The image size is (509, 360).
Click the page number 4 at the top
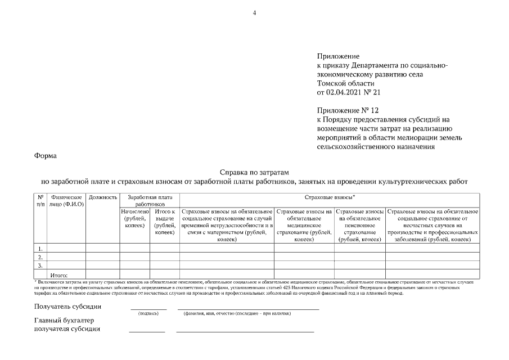click(x=254, y=12)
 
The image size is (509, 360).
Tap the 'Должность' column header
click(x=102, y=198)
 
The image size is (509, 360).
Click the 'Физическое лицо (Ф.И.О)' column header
click(x=66, y=201)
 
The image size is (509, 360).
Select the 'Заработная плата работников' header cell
click(x=150, y=201)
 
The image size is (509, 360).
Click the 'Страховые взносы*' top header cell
click(x=329, y=198)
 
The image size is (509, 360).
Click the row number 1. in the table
click(x=40, y=247)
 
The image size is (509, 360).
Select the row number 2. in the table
click(x=40, y=256)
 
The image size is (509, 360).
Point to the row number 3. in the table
click(x=40, y=265)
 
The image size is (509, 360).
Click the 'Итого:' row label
click(x=59, y=274)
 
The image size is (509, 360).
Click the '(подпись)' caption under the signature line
click(x=148, y=313)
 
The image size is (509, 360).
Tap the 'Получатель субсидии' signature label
click(x=68, y=307)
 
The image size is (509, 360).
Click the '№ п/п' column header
click(x=40, y=201)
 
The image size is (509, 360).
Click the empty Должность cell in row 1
click(x=102, y=247)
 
